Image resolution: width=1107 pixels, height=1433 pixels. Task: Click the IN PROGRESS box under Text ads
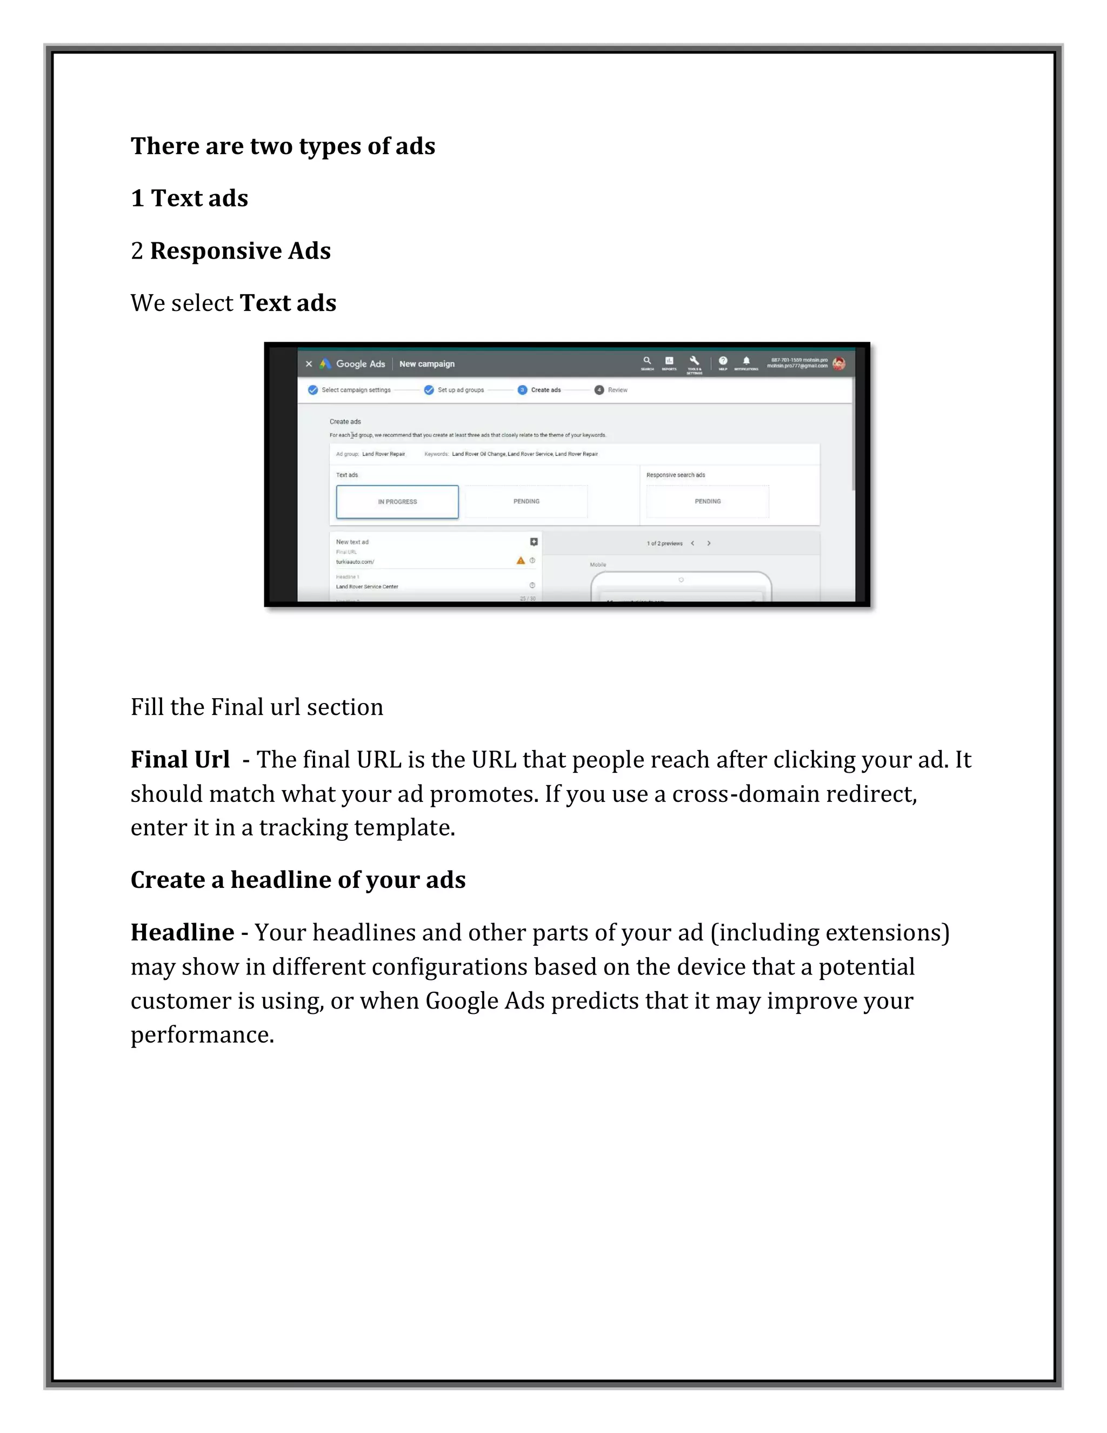397,502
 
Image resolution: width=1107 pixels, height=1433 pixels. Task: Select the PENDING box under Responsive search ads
707,501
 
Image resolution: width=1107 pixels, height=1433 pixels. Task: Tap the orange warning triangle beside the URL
521,560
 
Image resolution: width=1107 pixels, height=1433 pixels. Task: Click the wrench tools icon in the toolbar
694,361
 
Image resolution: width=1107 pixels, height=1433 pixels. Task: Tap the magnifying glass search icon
646,361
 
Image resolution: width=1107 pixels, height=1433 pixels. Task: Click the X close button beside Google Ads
309,364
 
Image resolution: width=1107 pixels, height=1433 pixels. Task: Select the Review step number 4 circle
599,390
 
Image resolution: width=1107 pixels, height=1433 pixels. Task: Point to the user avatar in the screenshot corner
839,363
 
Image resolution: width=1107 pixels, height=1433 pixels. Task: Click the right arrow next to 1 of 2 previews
709,543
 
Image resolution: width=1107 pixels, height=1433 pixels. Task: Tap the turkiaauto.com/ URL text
355,562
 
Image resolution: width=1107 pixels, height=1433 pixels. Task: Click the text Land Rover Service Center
366,587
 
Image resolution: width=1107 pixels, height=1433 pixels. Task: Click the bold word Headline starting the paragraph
182,932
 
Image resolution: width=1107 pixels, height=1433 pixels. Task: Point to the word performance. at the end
202,1034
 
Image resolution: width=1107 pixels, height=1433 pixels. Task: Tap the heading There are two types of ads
283,145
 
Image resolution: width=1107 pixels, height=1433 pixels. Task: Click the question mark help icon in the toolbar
723,361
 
